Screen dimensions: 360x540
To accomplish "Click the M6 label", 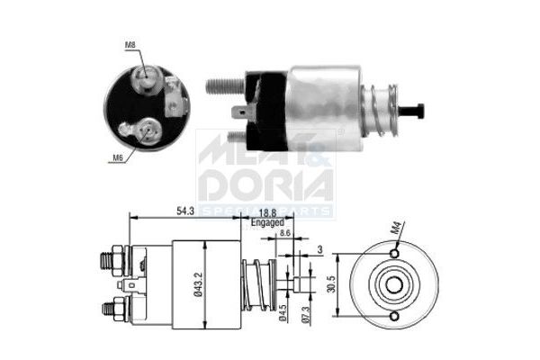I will [x=117, y=157].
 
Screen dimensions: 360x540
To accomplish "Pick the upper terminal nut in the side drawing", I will [x=111, y=261].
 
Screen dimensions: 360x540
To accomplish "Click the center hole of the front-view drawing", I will [x=393, y=286].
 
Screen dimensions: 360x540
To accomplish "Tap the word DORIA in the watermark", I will [x=266, y=184].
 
